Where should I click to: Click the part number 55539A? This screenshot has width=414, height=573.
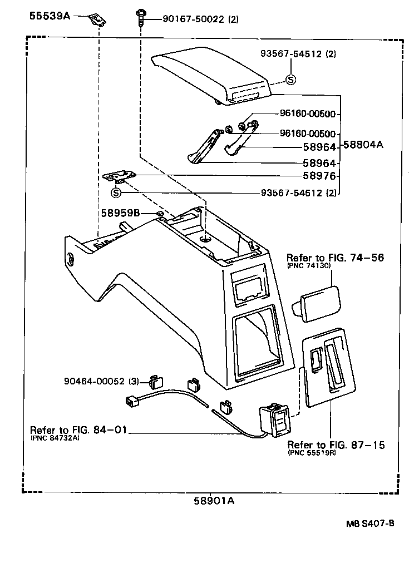50,17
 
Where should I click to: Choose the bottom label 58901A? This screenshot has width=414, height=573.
214,501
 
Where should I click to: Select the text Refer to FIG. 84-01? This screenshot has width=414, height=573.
79,430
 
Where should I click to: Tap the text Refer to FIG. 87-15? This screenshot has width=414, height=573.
336,445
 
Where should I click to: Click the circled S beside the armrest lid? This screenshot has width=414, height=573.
290,80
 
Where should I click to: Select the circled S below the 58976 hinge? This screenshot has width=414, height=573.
116,193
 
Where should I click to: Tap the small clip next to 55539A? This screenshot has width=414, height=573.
98,19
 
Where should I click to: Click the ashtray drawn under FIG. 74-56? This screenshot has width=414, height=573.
317,302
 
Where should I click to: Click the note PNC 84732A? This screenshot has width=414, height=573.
55,438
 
